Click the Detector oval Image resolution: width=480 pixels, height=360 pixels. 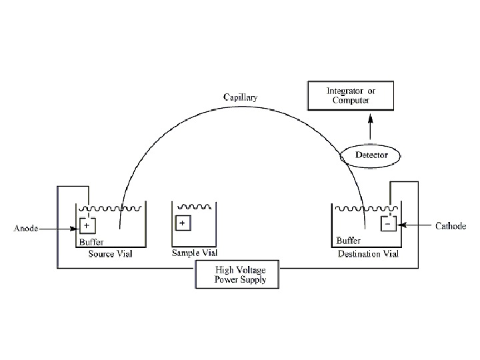(371, 155)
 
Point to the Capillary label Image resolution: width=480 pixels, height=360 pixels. (240, 97)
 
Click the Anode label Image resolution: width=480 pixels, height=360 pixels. (26, 229)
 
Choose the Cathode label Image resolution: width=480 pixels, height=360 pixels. (451, 226)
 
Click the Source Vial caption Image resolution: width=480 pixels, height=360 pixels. (111, 254)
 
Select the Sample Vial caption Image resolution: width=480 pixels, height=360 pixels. (195, 254)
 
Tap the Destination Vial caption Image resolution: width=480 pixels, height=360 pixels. (368, 254)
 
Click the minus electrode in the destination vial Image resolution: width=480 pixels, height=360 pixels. (388, 224)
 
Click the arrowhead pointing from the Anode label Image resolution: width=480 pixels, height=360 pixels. (76, 229)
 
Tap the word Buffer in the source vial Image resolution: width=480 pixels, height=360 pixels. (91, 242)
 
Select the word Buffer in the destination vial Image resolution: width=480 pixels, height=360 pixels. (348, 241)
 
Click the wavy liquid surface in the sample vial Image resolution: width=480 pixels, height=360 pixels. (194, 207)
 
